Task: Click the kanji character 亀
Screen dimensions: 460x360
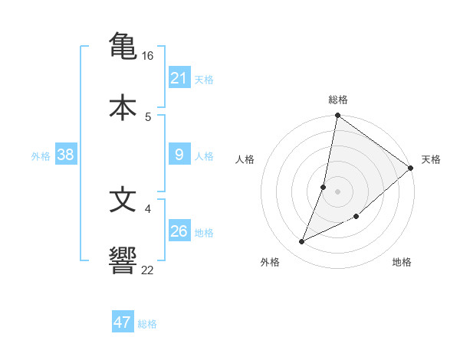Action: (x=123, y=45)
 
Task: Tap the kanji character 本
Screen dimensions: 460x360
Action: (x=123, y=107)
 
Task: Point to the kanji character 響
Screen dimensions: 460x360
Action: (x=123, y=261)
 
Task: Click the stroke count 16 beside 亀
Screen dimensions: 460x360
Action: (x=148, y=56)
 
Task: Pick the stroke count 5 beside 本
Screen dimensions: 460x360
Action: (x=148, y=116)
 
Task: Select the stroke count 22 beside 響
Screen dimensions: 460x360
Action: (x=148, y=270)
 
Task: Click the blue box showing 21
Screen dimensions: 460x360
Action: (x=179, y=78)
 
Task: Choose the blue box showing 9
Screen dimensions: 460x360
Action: (x=179, y=155)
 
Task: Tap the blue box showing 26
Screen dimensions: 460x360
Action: (x=179, y=231)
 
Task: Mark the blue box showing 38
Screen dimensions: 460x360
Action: (x=66, y=155)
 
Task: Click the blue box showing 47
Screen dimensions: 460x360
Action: (x=123, y=322)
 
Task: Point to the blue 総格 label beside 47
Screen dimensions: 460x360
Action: (x=147, y=324)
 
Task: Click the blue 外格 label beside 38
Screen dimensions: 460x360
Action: (x=41, y=156)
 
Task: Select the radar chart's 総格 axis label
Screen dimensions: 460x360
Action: (x=338, y=100)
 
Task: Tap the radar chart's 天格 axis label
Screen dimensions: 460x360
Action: (x=431, y=159)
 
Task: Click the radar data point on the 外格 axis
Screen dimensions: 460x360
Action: (x=302, y=242)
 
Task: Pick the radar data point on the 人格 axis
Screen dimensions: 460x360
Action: (x=324, y=187)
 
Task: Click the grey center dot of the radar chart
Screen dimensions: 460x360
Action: (x=338, y=191)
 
